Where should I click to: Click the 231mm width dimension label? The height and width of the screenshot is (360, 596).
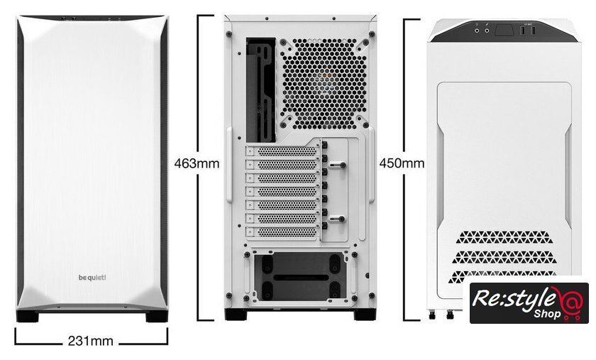[x=91, y=341]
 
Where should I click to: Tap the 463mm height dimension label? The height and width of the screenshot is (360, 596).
[x=197, y=163]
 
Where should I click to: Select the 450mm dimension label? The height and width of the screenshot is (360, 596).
[x=402, y=163]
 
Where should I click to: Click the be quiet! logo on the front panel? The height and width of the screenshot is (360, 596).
[x=92, y=278]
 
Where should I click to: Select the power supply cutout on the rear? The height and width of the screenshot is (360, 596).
[x=300, y=277]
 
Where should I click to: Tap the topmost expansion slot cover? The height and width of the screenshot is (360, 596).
[x=282, y=151]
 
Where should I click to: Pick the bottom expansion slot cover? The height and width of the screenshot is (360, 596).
[x=282, y=231]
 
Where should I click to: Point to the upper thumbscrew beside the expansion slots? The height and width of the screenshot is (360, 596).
[x=338, y=165]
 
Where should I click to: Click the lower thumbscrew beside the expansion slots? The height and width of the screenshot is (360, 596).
[x=338, y=219]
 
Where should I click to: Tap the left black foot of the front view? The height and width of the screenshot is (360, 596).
[x=28, y=316]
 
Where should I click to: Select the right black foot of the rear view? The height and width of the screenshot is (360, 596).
[x=365, y=315]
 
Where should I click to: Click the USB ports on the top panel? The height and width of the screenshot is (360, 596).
[x=528, y=31]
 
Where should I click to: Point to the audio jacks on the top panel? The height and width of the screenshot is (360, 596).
[x=482, y=31]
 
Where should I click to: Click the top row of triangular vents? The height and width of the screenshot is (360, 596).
[x=503, y=237]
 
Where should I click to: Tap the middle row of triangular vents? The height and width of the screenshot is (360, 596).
[x=504, y=256]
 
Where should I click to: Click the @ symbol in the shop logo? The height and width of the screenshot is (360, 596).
[x=570, y=301]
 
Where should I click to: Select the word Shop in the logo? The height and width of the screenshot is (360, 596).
[x=547, y=314]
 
